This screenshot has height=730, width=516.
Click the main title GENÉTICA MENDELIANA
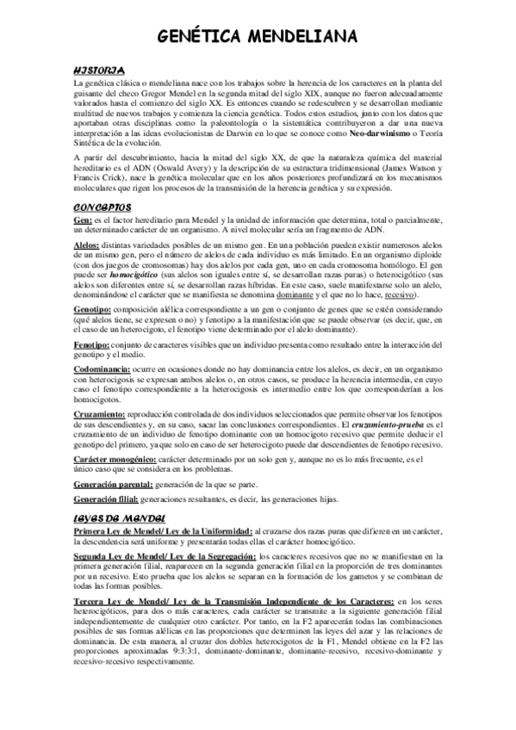coord(258,36)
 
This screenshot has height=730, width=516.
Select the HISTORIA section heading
coord(100,69)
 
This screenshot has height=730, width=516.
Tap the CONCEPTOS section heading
coord(103,207)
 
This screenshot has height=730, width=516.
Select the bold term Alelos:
coord(87,245)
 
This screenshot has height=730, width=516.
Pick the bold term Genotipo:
coord(92,307)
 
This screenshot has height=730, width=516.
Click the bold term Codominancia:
coord(102,368)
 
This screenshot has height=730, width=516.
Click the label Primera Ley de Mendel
coord(120,530)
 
